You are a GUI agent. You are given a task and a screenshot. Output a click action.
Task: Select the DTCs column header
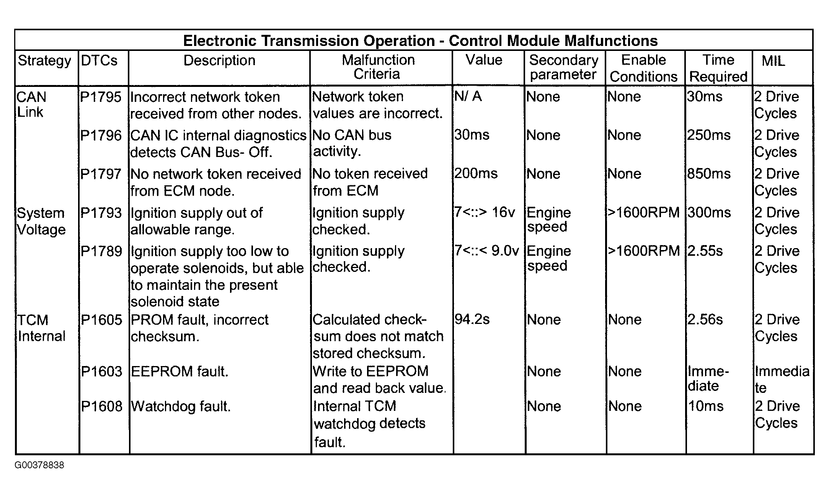coord(99,60)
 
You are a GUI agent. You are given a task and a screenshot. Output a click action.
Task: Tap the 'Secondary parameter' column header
coord(563,67)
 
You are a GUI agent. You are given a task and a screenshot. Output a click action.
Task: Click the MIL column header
coord(773,61)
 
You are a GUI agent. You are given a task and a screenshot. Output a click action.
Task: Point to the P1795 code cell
coord(101,97)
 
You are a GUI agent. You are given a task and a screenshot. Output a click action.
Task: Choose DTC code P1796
coord(101,136)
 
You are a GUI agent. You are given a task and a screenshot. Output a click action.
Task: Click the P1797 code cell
coord(101,174)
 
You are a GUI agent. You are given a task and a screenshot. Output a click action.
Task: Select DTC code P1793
coord(101,213)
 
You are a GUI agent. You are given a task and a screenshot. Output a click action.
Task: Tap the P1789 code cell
coord(101,252)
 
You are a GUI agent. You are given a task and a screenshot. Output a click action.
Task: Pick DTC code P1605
coord(101,320)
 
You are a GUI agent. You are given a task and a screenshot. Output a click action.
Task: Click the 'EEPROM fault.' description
coord(180,372)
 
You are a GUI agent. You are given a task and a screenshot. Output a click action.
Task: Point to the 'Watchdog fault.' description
coord(181,407)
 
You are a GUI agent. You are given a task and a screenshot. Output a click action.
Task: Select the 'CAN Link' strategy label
coord(31,105)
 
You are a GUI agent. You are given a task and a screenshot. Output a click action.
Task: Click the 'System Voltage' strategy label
coord(41,221)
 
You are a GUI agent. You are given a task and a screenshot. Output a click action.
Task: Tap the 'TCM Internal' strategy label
coord(41,328)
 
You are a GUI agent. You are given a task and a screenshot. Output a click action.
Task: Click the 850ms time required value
coord(708,174)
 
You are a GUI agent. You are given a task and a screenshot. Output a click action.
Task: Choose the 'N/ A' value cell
coord(467,96)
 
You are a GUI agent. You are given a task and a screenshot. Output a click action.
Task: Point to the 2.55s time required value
coord(705,251)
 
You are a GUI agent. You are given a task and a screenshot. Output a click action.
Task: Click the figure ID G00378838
coord(39,465)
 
